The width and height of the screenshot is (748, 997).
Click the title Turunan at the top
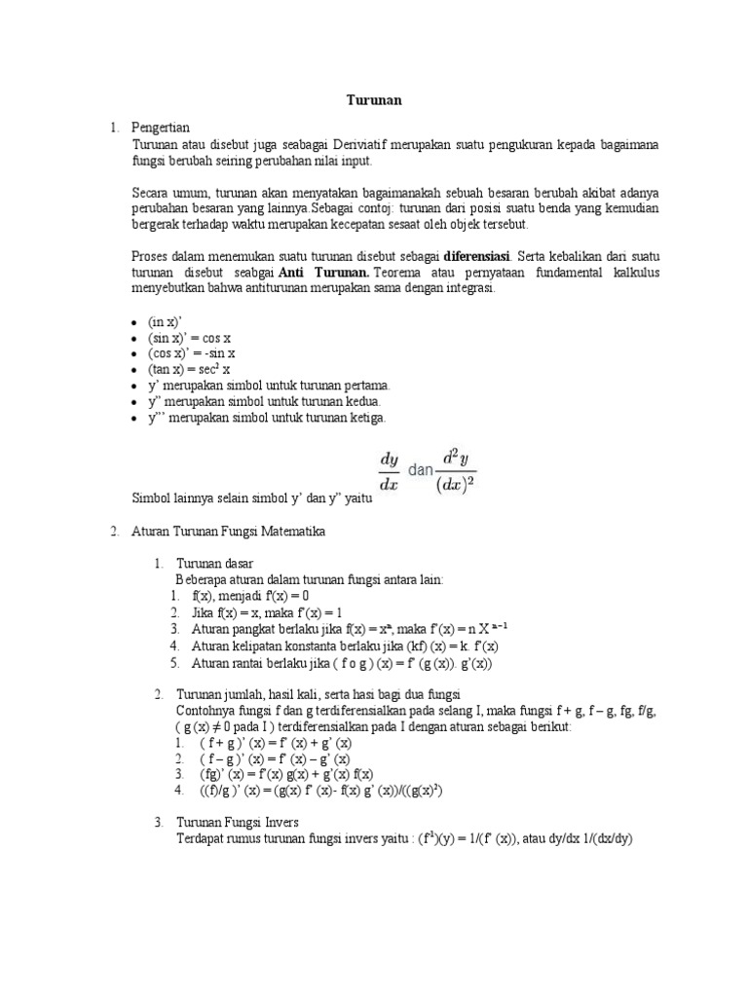(375, 100)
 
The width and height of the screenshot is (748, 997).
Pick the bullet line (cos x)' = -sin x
(192, 353)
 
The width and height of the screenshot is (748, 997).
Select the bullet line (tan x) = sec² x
(189, 370)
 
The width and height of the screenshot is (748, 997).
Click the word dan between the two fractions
(419, 469)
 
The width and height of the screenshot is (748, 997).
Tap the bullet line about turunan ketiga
(267, 418)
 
